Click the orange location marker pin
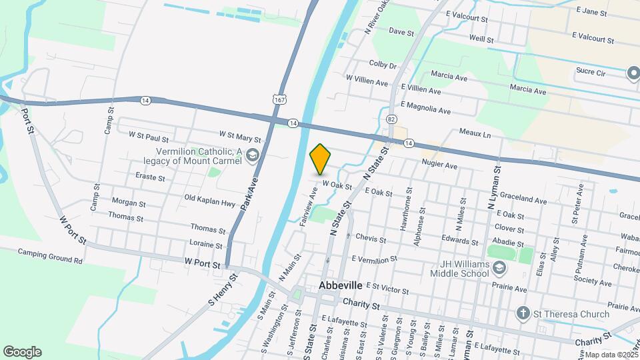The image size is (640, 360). coord(321,159)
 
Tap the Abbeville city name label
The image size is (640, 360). coord(341,285)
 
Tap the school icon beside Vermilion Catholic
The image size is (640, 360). coord(252,156)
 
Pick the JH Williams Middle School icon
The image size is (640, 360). coord(501,267)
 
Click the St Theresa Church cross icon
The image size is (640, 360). coord(524,313)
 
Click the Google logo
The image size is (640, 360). coord(22,352)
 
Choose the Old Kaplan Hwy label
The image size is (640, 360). coord(210,198)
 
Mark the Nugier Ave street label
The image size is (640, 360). coord(439,165)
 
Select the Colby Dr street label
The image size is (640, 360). coord(383,65)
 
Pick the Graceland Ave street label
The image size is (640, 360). coord(526,199)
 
